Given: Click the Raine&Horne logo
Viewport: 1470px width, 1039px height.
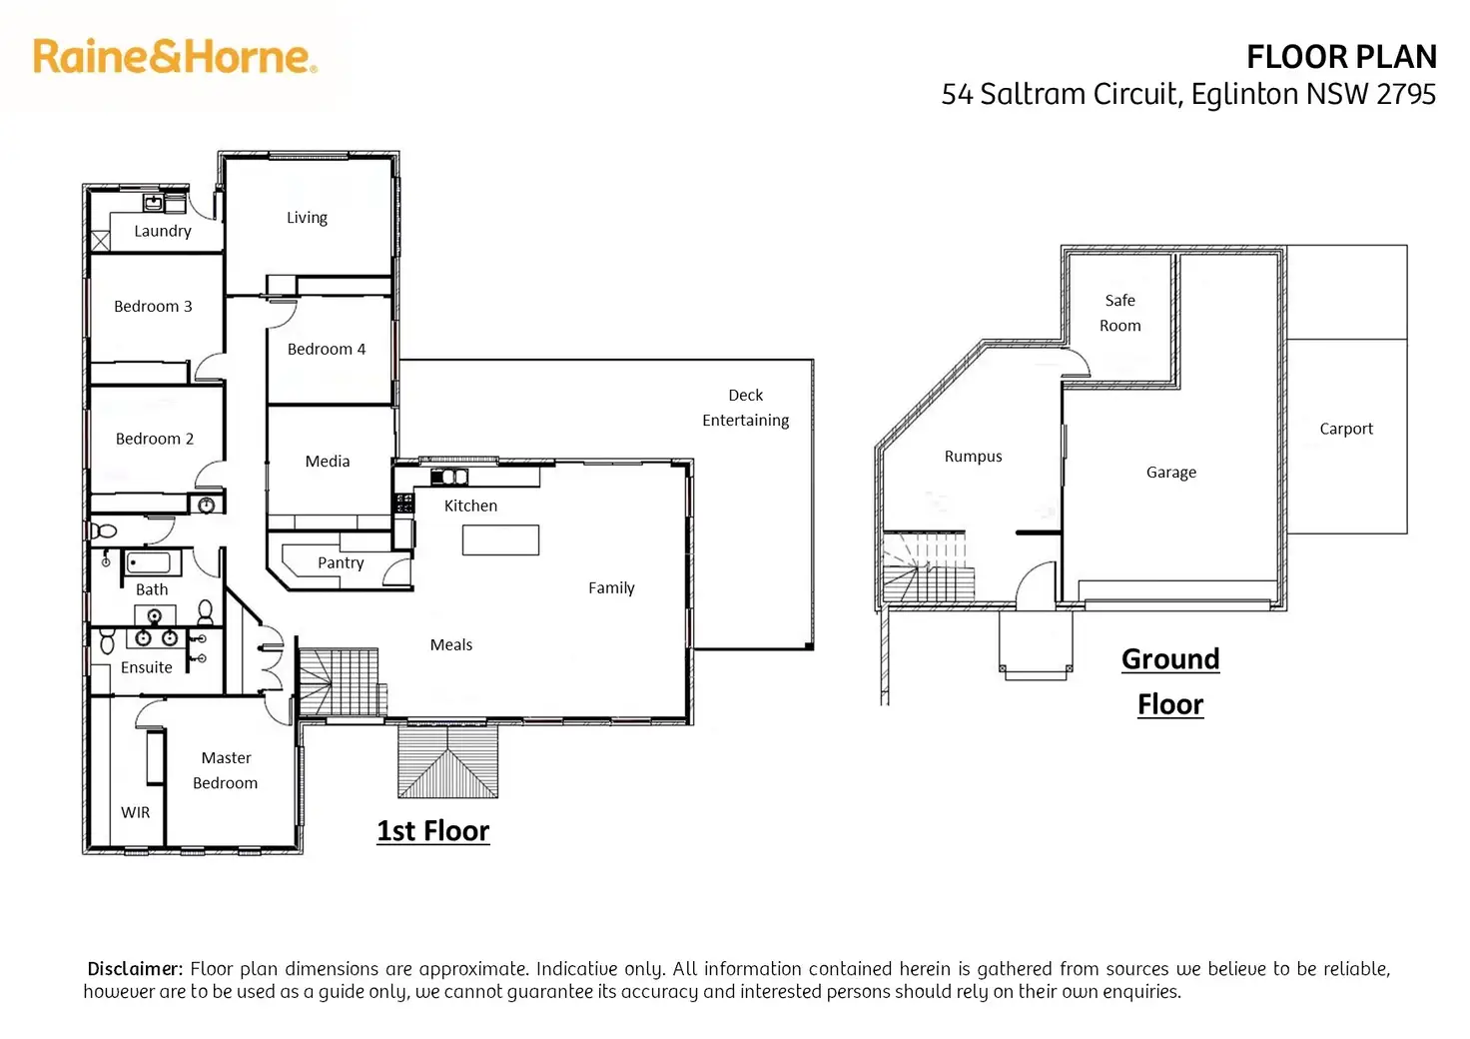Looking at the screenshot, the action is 175,57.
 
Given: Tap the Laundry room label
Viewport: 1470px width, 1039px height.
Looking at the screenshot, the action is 163,231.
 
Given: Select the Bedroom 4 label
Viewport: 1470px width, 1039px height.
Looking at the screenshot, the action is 327,350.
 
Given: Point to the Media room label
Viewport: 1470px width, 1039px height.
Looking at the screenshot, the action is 328,462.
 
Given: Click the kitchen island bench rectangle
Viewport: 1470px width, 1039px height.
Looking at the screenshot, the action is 500,540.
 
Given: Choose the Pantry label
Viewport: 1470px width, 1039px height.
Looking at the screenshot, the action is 341,563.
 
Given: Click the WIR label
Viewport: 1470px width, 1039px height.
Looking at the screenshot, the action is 135,812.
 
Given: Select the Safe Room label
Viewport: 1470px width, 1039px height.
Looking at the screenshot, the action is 1120,313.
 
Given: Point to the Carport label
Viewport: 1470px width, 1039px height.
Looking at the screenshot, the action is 1346,430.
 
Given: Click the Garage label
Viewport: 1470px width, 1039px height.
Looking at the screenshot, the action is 1171,473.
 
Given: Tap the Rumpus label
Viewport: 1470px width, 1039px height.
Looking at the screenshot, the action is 974,457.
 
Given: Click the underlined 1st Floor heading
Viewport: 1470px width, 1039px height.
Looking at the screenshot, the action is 433,831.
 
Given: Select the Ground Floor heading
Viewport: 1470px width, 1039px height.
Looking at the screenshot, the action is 1170,682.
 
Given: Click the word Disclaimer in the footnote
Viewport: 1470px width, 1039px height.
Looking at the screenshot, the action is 135,969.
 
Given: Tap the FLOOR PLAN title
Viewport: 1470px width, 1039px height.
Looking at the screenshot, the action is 1341,57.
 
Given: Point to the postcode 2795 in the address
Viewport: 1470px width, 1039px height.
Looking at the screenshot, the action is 1406,95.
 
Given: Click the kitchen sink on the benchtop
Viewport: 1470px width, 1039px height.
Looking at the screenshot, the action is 449,478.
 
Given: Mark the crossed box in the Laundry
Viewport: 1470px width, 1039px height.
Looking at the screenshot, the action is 101,241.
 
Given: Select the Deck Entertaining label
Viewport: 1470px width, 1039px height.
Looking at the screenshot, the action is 746,409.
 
